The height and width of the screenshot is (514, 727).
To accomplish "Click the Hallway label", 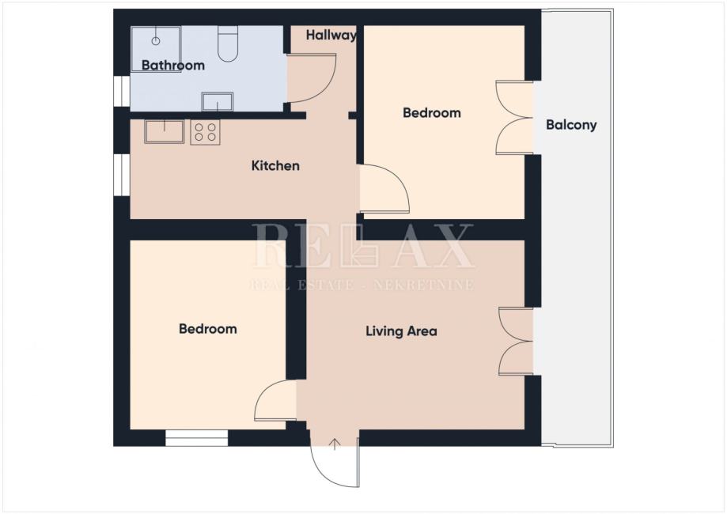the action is pyautogui.click(x=331, y=36).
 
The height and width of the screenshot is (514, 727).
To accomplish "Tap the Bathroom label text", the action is pyautogui.click(x=173, y=66).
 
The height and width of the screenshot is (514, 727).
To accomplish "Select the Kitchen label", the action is pyautogui.click(x=275, y=165).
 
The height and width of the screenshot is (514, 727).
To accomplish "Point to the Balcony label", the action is pyautogui.click(x=571, y=125).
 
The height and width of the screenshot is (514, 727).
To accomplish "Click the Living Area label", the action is pyautogui.click(x=402, y=331).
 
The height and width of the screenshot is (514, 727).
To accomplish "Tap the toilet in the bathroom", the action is pyautogui.click(x=228, y=44).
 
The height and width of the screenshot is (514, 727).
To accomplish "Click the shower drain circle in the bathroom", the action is pyautogui.click(x=156, y=41).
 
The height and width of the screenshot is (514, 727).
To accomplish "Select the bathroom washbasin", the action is pyautogui.click(x=218, y=101).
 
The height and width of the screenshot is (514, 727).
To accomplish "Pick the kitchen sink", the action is pyautogui.click(x=164, y=131).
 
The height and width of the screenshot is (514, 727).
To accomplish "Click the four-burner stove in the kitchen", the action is pyautogui.click(x=206, y=132).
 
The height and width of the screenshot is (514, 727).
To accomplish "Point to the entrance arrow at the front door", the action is pyautogui.click(x=335, y=444).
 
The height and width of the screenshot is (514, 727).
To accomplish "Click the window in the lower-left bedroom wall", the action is pyautogui.click(x=197, y=438).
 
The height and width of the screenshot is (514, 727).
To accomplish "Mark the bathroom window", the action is pyautogui.click(x=122, y=91).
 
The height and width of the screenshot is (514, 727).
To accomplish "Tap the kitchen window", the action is pyautogui.click(x=122, y=175).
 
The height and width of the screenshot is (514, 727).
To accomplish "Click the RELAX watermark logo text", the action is pyautogui.click(x=362, y=246).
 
